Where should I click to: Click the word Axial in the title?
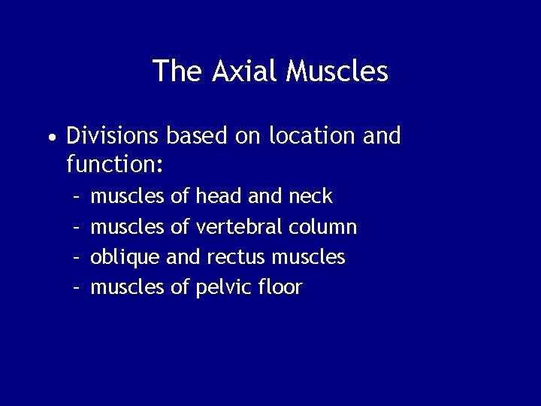(x=244, y=71)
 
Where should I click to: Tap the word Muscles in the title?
(x=337, y=71)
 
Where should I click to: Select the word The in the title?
(x=177, y=71)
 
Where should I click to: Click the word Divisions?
(x=112, y=136)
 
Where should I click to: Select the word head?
(x=219, y=196)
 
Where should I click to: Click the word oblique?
(x=125, y=258)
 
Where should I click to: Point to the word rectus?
(x=232, y=258)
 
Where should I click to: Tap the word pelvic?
(x=222, y=287)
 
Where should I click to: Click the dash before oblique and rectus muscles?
(x=77, y=257)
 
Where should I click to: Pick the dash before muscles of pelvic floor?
(x=77, y=287)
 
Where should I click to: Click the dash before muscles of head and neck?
(x=77, y=197)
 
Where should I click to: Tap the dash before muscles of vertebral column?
(x=77, y=227)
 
